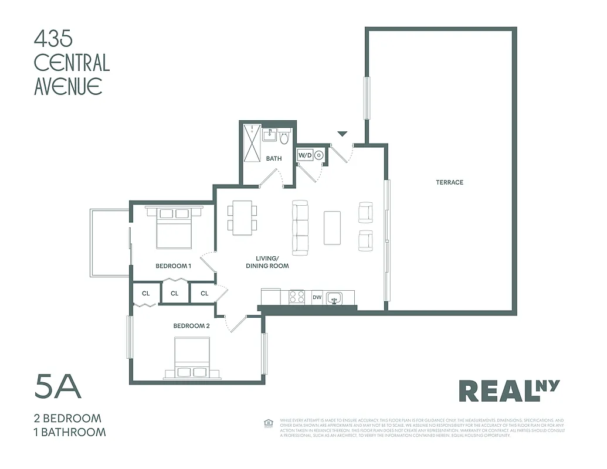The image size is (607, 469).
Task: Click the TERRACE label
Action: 449,182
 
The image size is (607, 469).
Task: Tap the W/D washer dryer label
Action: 305,155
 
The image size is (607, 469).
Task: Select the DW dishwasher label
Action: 317,298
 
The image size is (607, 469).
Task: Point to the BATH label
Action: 274,158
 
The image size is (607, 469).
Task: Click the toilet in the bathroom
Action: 284,138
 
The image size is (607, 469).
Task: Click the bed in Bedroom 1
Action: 174,229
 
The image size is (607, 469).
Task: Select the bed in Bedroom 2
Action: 192,357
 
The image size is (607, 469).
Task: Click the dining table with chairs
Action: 242,217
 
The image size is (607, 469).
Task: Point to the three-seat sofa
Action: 300,227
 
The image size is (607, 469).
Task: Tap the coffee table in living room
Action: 333,227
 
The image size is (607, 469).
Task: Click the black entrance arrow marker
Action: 343,134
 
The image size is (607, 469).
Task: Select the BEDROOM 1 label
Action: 174,266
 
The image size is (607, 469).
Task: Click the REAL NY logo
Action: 508,391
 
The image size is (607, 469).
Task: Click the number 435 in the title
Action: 53,39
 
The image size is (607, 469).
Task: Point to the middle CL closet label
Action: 175,294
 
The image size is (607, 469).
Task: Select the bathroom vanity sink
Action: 270,135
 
